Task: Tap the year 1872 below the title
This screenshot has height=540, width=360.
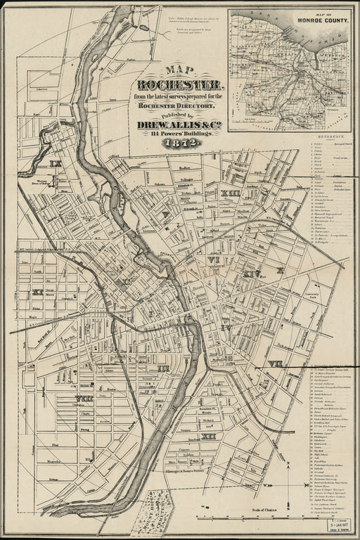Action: click(181, 143)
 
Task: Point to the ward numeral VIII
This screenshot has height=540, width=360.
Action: click(84, 399)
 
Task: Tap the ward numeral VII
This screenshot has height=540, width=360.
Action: click(274, 364)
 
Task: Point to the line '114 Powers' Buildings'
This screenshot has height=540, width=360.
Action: click(181, 134)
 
